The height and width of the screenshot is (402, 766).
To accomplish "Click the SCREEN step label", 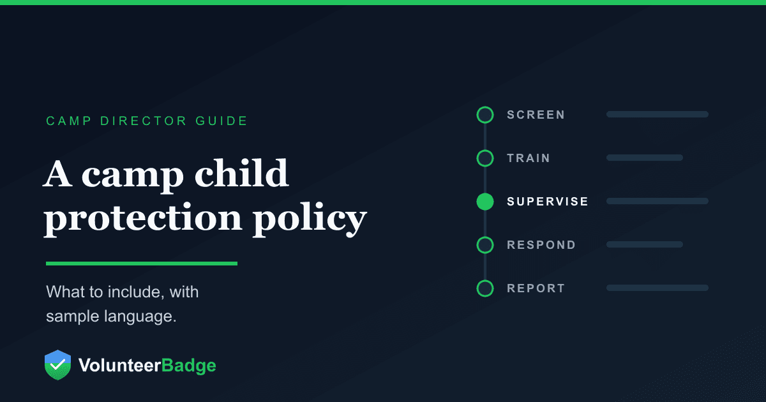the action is coord(536,114).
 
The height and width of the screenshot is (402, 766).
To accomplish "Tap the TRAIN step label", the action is coord(529,158).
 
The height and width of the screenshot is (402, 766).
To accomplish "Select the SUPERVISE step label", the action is coord(548,202).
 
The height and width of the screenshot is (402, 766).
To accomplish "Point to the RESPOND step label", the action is coord(541,245).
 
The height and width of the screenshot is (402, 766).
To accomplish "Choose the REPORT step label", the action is coord(536,288).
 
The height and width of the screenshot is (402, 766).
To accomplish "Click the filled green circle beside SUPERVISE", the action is coord(485,202).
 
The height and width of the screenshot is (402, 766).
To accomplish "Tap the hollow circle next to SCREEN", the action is coord(485,107).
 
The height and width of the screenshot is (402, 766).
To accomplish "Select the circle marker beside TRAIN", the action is coord(485,151).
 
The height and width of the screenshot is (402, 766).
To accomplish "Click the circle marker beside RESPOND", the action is coord(485,237).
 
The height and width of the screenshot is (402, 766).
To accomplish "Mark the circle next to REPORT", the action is coord(485,281).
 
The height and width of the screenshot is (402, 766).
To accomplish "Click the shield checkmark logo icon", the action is coord(58,365).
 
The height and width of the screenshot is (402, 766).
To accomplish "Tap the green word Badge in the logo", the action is coord(188,366).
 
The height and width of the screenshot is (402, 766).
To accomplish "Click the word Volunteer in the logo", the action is coord(120,365).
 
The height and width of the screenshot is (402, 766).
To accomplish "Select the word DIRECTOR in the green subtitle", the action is coord(144,121).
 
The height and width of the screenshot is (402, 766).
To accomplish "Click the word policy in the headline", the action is coord(310,219).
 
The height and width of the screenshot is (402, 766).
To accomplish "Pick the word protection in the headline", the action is coord(143,219).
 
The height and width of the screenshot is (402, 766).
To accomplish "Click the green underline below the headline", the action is coord(142,264).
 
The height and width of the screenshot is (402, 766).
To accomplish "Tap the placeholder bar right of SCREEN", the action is coord(657,114).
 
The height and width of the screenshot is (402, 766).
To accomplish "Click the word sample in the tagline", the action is coord(73,316).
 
